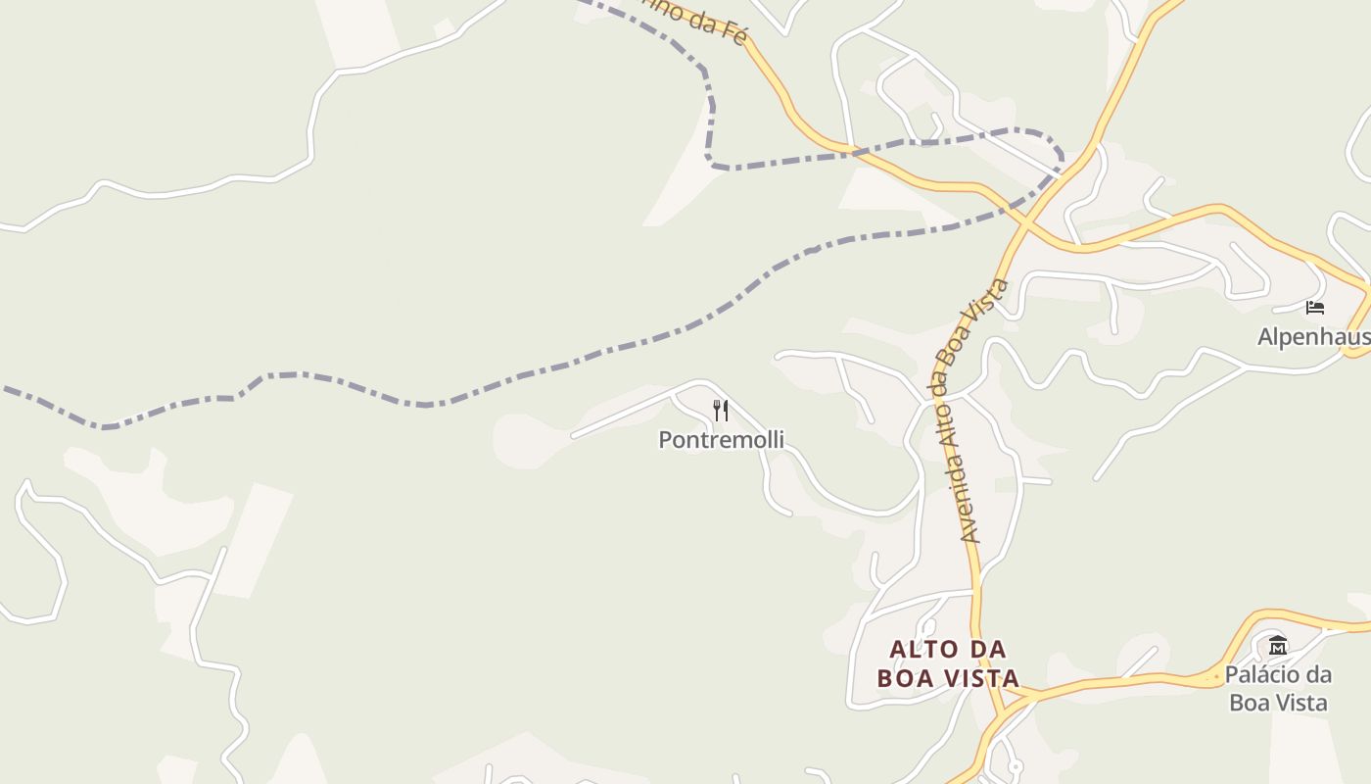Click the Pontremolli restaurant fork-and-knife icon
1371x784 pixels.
pos(721,411)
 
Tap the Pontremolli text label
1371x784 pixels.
pos(721,440)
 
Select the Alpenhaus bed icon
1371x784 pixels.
pos(1315,308)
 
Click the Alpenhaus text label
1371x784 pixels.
pos(1313,337)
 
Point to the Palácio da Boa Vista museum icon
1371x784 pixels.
pos(1278,646)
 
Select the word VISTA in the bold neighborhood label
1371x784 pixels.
pos(983,678)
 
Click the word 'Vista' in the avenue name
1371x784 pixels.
pos(998,297)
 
